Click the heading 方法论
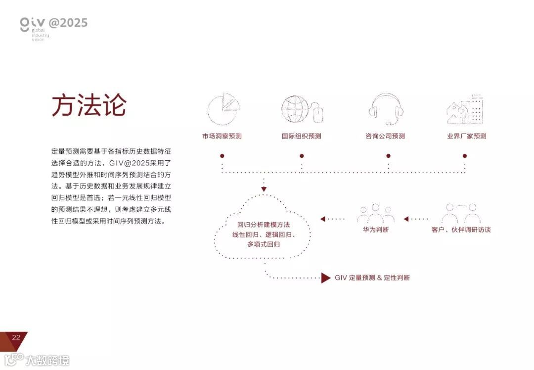[x=89, y=105]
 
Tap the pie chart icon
[x=223, y=108]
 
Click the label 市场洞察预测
[x=222, y=136]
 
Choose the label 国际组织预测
[x=302, y=136]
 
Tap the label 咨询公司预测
[x=385, y=136]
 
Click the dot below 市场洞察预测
[x=222, y=156]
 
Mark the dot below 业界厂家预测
[x=465, y=156]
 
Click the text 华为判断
[x=376, y=230]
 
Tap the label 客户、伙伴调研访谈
[x=461, y=230]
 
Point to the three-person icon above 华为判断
[x=376, y=213]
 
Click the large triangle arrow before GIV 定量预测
[x=325, y=278]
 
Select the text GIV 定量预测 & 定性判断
[x=372, y=278]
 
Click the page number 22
[x=16, y=338]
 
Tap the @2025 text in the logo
[x=68, y=23]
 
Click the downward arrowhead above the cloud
[x=264, y=189]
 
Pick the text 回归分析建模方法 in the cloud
[x=264, y=225]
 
